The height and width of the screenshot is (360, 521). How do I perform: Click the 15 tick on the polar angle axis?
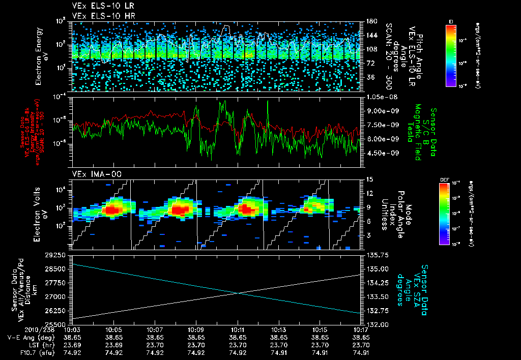coord(370,179)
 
